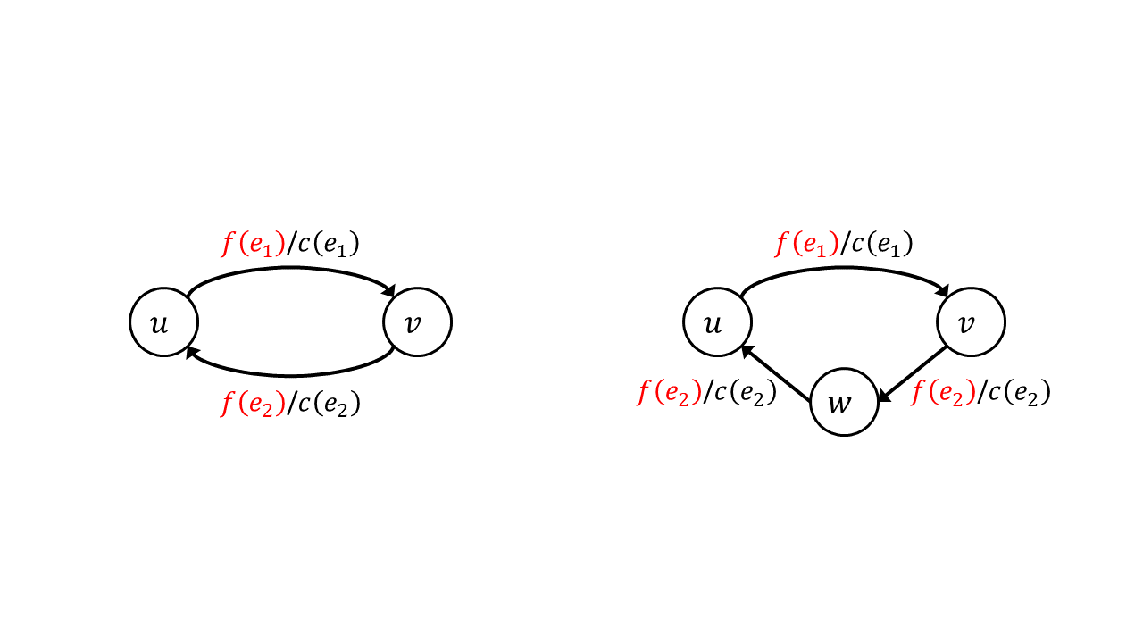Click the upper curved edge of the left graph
point(291,267)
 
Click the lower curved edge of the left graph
point(291,376)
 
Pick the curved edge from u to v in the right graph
point(845,267)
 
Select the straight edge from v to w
point(912,374)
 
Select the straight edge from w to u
point(776,373)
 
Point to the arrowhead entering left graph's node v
point(389,290)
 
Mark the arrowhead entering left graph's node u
point(192,352)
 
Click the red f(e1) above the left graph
point(253,244)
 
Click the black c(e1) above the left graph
point(329,244)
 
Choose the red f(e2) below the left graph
point(253,404)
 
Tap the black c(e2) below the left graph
point(330,404)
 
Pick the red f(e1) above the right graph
point(806,244)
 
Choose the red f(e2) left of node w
point(670,392)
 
